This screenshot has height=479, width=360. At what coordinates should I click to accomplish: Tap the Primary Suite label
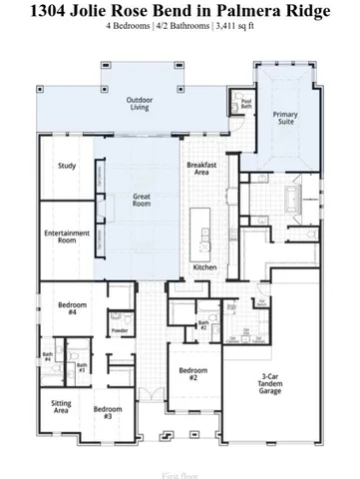point(285,119)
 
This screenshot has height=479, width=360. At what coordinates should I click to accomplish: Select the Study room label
point(67,166)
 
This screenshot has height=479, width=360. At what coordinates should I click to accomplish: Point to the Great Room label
point(142,201)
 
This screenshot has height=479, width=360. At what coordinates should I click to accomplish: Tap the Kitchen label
point(204,267)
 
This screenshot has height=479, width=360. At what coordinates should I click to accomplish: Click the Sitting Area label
point(61,407)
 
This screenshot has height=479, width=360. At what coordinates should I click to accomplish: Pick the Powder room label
point(120,330)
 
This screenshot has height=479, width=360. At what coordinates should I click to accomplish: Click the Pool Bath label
point(246,103)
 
